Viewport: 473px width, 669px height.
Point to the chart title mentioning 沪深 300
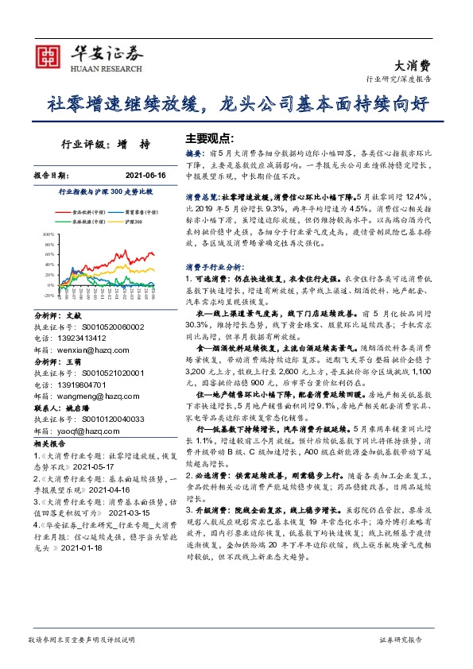(106, 192)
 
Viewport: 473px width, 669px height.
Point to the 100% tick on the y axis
(48, 235)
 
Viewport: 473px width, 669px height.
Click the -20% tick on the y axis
(48, 295)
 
